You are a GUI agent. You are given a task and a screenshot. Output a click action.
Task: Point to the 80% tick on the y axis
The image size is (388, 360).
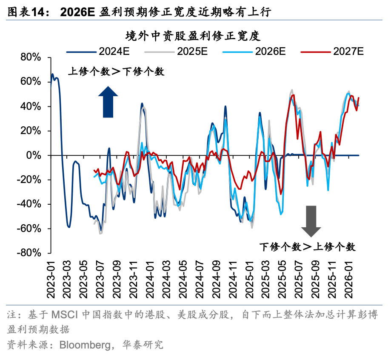click(x=30, y=58)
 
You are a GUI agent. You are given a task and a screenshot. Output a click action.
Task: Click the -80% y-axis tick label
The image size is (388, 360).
click(x=28, y=253)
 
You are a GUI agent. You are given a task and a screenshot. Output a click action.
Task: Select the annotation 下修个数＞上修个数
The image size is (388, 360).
click(x=307, y=247)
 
